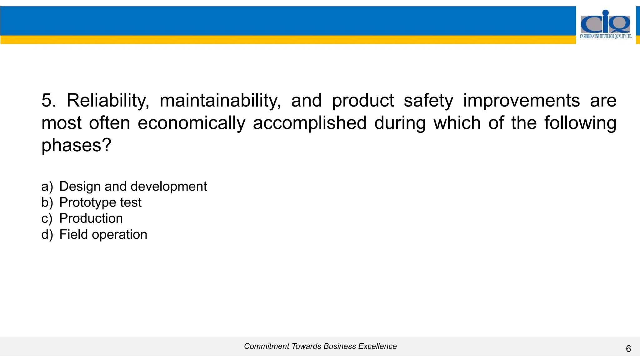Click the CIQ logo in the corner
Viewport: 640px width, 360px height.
tap(605, 22)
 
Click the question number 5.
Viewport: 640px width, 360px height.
tap(48, 101)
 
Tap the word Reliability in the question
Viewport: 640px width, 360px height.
tap(108, 101)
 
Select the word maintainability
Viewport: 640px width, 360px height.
tap(220, 101)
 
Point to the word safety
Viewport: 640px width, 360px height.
tap(428, 101)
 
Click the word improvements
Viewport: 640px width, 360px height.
tap(521, 101)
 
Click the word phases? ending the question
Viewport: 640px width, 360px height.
tap(76, 145)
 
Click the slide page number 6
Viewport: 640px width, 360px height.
tap(628, 349)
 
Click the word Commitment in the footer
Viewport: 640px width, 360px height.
tap(267, 346)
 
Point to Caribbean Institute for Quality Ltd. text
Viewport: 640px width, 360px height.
tap(606, 37)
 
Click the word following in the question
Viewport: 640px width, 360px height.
tap(580, 123)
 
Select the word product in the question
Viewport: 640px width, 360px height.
tap(362, 101)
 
